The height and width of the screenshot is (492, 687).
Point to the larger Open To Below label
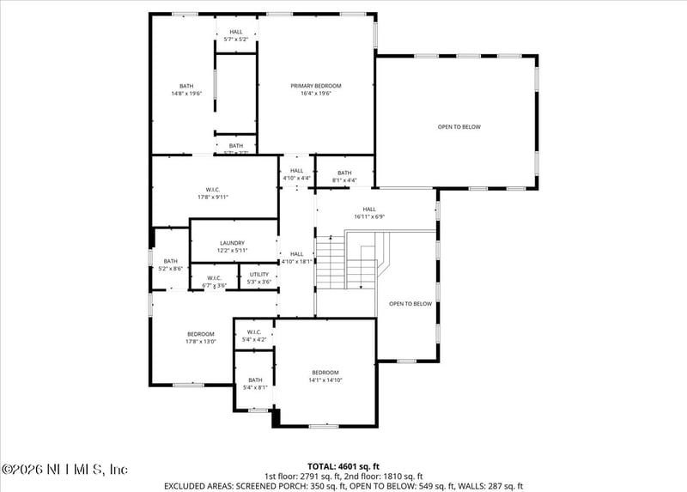(x=459, y=127)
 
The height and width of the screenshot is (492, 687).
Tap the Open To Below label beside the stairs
(x=410, y=304)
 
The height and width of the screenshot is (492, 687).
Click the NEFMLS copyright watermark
(x=64, y=470)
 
